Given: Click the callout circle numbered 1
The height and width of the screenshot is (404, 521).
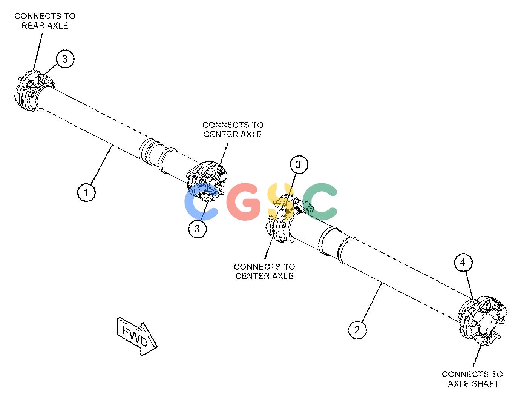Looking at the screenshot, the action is (x=86, y=192).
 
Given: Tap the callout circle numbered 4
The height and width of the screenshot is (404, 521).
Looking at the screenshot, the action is (x=463, y=263).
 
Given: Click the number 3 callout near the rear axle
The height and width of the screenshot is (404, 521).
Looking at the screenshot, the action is (x=65, y=59).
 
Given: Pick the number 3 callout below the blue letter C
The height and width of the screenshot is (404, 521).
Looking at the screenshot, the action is (x=197, y=229).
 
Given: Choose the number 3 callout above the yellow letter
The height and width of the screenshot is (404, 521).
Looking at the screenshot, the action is (x=299, y=164).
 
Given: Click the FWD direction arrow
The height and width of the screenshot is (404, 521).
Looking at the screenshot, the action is (x=137, y=336).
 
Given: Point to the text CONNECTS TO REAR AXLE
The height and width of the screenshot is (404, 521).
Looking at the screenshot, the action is (x=45, y=21).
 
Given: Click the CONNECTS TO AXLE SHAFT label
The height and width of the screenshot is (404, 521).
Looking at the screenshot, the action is (x=472, y=379).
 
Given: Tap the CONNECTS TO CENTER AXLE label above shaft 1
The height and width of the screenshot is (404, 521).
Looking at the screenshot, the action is (x=233, y=129).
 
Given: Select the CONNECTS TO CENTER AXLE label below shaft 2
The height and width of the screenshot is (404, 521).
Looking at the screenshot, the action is (x=264, y=271).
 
